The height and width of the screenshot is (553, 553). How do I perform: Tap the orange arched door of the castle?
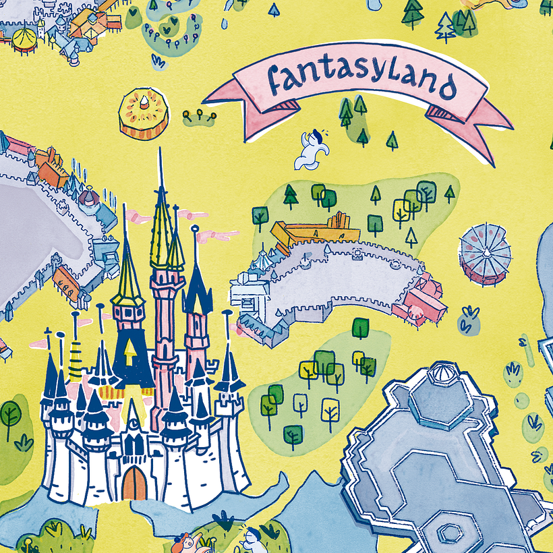point(134,484)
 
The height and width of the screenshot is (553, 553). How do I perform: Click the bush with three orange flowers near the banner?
point(200,118)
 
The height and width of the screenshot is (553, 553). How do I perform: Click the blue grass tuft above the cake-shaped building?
point(158,61)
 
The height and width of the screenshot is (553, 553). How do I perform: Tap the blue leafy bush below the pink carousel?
point(469,321)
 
